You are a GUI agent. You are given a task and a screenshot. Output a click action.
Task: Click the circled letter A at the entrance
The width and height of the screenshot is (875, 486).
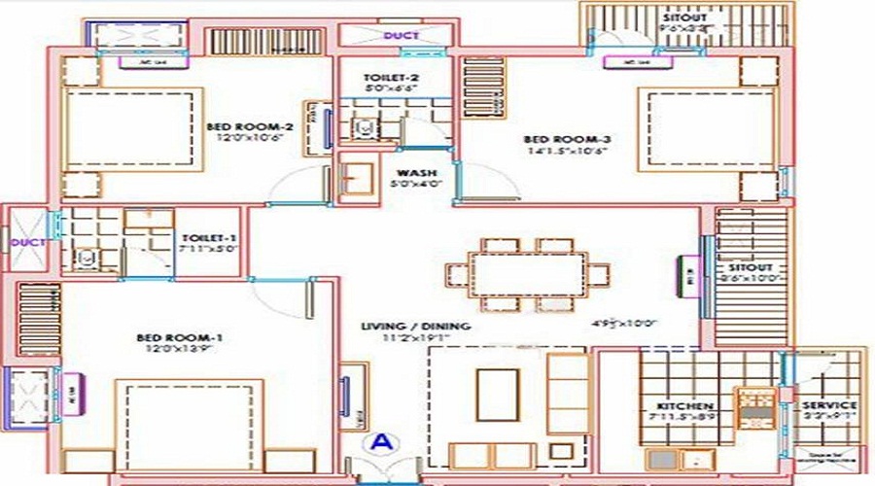[x=384, y=442]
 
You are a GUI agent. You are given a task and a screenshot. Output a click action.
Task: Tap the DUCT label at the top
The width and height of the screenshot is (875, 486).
[x=401, y=36]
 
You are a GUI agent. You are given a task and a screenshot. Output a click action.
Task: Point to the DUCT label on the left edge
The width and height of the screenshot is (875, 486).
[x=21, y=242]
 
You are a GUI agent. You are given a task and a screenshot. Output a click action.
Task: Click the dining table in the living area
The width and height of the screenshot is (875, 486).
[x=528, y=273]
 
